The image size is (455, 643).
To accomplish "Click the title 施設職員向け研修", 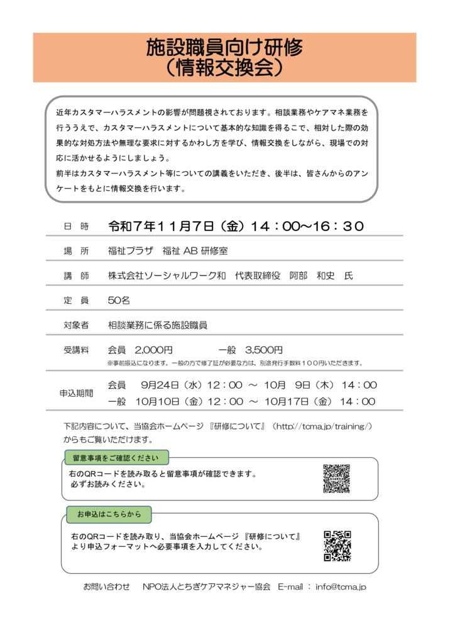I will tap(224, 47).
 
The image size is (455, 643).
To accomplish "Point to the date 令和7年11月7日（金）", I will tap(176, 226).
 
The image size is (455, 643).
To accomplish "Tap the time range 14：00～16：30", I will tap(307, 226).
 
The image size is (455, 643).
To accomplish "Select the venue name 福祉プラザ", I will tap(130, 251).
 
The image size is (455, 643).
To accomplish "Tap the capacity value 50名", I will tap(119, 300).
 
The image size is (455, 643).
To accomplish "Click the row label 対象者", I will tap(76, 325).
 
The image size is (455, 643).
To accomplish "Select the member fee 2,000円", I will tap(153, 350).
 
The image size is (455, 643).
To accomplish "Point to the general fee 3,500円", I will tap(264, 350).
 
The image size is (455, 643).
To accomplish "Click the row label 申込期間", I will tap(76, 393).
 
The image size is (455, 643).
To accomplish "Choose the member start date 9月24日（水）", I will tap(172, 385).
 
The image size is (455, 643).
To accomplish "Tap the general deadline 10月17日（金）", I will tap(295, 401).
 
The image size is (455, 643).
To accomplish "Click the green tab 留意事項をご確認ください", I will tap(116, 457).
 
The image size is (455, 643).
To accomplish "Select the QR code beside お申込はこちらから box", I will tap(337, 546).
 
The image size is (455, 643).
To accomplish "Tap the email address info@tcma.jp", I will tap(341, 586).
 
